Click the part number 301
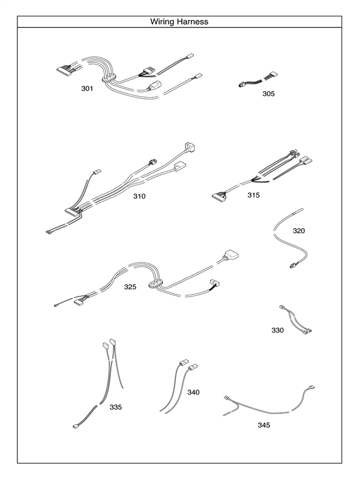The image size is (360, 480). pos(87,89)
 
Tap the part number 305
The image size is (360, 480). pos(268,94)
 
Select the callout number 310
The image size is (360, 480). pos(139,196)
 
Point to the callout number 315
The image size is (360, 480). pos(254,195)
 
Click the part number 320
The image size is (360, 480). pos(299,230)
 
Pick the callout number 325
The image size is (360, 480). pos(130,287)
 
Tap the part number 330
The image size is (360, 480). pos(277,330)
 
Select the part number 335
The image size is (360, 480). pos(116,407)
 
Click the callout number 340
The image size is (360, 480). pos(193,392)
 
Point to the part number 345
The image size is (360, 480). pos(264,425)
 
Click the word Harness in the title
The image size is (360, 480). pos(193,22)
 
